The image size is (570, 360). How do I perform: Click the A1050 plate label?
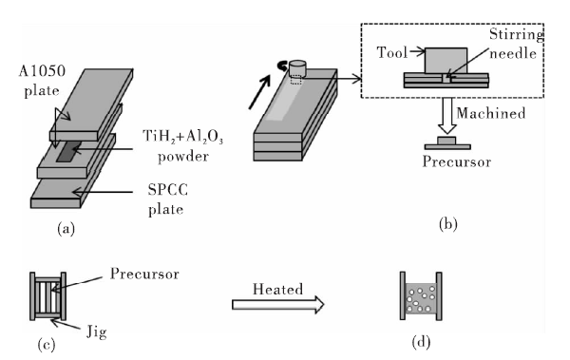tap(42, 81)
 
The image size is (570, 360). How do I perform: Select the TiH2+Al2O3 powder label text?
tap(182, 146)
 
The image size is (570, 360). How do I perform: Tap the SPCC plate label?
tap(167, 199)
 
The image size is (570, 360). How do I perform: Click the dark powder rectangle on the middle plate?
tap(68, 151)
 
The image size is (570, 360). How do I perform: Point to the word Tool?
tap(391, 53)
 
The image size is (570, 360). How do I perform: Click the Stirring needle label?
tap(516, 44)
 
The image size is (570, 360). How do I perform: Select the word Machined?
tap(491, 113)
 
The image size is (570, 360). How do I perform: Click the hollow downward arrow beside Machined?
tap(446, 116)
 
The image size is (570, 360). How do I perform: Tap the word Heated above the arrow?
tap(277, 289)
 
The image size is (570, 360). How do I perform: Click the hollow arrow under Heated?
tap(278, 304)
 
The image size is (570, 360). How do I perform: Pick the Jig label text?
tap(97, 332)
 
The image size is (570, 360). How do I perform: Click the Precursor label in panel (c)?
tap(144, 274)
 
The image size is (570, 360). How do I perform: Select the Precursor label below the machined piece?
tap(457, 161)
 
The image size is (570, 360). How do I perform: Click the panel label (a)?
tap(66, 229)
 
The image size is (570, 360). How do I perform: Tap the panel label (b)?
tap(447, 224)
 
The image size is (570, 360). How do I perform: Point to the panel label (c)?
tap(47, 345)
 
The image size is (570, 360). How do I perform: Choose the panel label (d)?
tap(421, 342)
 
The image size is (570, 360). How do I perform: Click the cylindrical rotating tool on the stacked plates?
tap(297, 68)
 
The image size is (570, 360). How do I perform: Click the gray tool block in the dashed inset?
tap(446, 61)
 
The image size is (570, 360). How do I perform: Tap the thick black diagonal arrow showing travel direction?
tap(259, 91)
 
